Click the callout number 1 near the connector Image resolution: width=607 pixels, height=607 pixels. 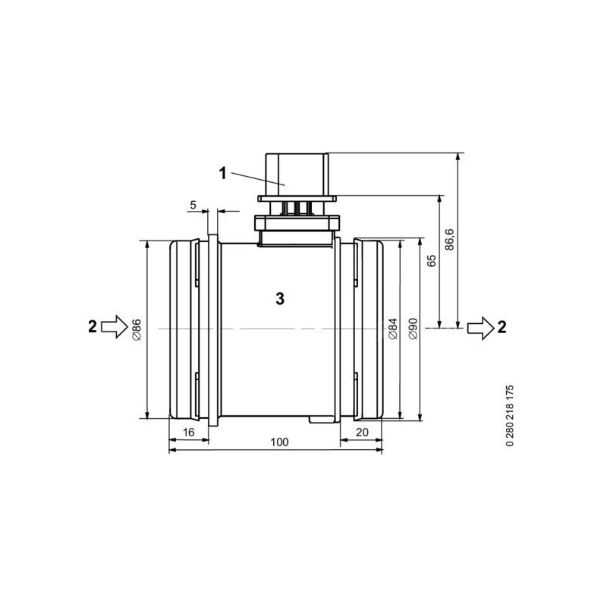(224, 173)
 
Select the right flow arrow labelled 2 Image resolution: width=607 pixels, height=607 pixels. (479, 327)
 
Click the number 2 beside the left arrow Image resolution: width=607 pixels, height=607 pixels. (92, 327)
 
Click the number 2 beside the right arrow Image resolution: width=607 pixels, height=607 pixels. (502, 327)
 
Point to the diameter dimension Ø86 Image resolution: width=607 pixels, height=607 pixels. (137, 328)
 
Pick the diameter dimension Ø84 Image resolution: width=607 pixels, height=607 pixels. (392, 328)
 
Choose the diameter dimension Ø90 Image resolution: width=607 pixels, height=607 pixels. (413, 328)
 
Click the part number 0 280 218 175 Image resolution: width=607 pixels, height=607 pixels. (509, 417)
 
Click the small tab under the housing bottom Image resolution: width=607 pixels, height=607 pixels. (321, 418)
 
